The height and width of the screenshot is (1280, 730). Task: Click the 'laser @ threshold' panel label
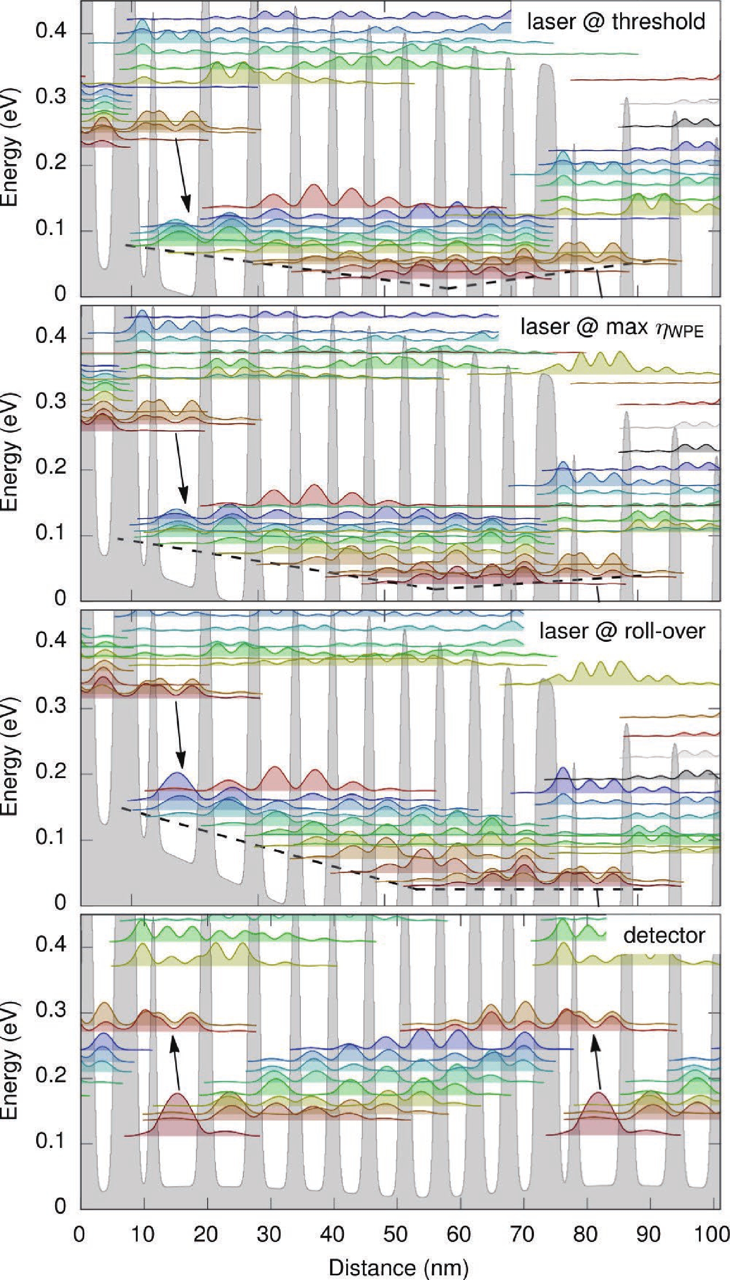click(x=616, y=22)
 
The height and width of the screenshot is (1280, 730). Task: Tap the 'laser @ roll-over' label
click(x=622, y=631)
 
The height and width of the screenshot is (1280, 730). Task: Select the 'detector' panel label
click(x=664, y=935)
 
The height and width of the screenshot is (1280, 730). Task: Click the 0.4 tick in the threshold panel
click(x=51, y=31)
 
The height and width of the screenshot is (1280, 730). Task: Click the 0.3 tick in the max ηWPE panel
click(x=51, y=402)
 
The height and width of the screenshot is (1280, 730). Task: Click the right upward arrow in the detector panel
click(x=597, y=1061)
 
